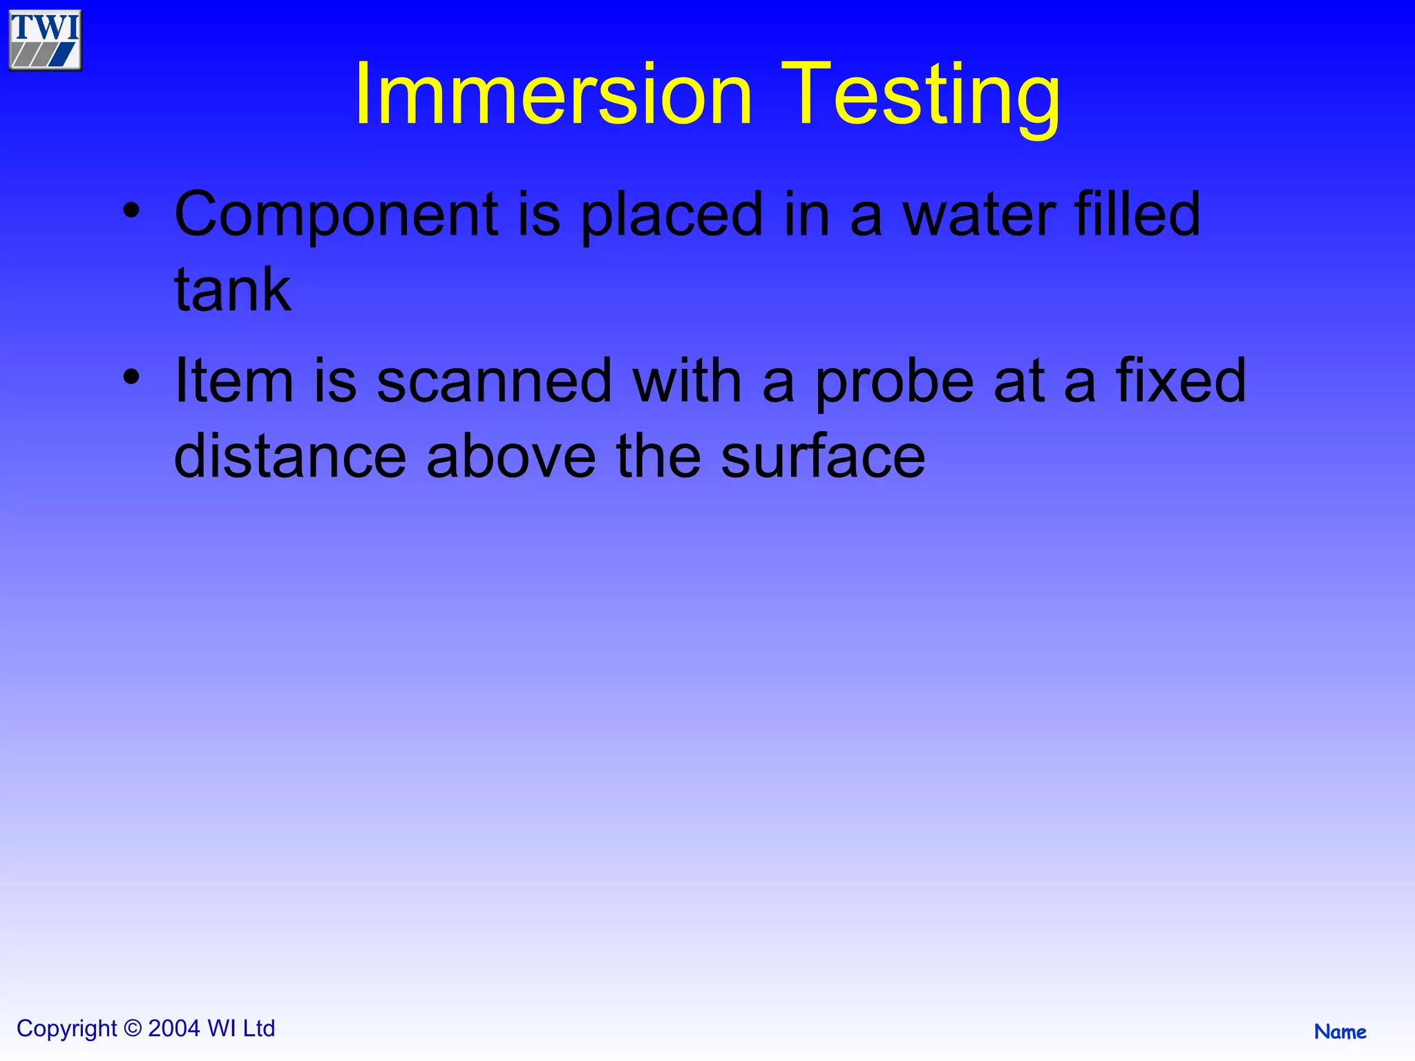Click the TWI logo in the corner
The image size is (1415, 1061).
pos(46,40)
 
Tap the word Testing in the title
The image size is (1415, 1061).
pos(920,95)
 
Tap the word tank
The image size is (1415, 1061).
pos(232,290)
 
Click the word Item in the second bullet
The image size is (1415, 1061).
pos(234,381)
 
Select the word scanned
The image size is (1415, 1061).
pos(495,381)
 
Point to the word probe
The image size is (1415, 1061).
pos(894,382)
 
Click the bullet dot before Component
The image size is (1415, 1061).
pos(131,210)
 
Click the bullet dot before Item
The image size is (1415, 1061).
pos(131,376)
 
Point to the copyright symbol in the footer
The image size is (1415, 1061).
pos(133,1029)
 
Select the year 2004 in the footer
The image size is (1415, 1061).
pos(174,1029)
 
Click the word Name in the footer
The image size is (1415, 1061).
pos(1340,1032)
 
